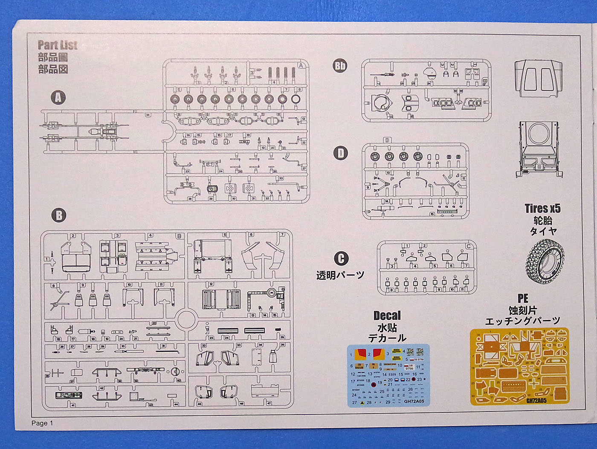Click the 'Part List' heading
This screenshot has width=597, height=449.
coord(58,45)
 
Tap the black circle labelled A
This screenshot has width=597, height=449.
coord(58,98)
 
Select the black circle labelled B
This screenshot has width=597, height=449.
coord(59,215)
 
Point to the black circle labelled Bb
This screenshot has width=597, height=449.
coord(340,66)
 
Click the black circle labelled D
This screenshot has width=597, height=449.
coord(340,153)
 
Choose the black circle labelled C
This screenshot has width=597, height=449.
coord(341,258)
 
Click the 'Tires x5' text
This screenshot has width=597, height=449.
coord(542,208)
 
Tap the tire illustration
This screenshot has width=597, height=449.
coord(545,262)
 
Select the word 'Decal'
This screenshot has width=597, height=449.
coord(387,316)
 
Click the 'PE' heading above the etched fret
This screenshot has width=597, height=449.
coord(523,298)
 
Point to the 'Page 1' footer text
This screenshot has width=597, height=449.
coord(42,423)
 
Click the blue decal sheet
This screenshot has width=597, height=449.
coord(388,375)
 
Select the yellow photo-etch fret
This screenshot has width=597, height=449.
coord(519,366)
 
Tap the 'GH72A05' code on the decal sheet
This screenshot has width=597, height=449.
coord(414,401)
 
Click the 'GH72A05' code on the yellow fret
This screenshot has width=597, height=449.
coord(536,400)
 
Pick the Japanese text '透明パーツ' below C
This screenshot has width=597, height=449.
coord(340,275)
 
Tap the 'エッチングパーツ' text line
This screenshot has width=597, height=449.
coord(522,321)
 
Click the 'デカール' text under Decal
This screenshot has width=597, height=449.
coord(387,338)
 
